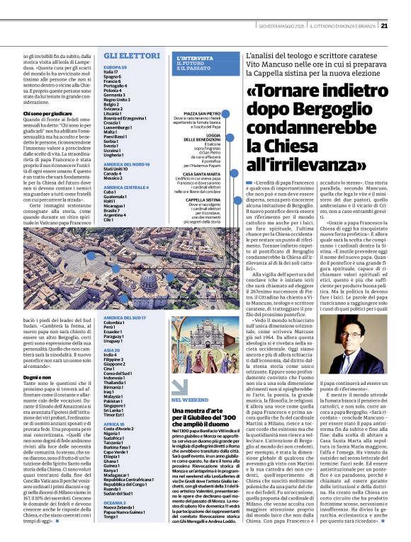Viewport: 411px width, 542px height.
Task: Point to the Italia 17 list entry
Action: tap(112, 72)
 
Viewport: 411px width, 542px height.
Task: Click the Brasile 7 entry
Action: tap(113, 210)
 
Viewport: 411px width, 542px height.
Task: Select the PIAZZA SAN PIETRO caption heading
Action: tap(201, 113)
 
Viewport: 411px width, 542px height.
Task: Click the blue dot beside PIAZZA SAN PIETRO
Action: tap(227, 113)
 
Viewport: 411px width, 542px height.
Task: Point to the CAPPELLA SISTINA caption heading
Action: tap(202, 200)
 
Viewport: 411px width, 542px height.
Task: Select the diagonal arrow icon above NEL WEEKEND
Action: tap(179, 388)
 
